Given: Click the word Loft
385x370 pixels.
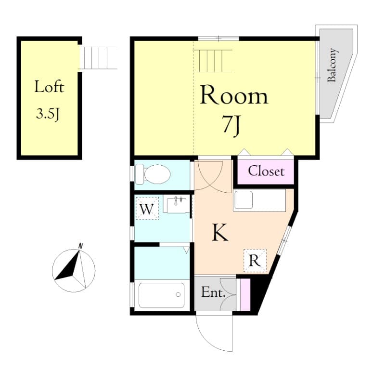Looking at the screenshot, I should coord(49,87).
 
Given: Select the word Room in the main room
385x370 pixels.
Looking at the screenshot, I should coord(233,95).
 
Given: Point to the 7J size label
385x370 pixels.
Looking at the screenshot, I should coord(231,125).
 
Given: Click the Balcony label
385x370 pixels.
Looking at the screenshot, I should coord(332,66).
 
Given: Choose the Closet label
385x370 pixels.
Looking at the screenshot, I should coord(266,171).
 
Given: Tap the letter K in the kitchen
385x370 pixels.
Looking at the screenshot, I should coord(220,233).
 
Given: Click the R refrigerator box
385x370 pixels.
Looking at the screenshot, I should coord(255,261).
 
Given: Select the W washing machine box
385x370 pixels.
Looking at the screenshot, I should coord(147,209).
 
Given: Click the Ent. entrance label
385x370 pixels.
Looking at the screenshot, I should coord(214,292).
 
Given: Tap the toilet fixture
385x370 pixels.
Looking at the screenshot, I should coord(154,174).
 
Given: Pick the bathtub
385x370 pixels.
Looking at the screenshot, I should coord(161,295).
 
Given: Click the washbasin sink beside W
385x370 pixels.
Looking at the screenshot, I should coord(177,205).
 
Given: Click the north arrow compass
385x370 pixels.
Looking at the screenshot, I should coord(74,270).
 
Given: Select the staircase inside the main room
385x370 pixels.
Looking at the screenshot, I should coord(213,60).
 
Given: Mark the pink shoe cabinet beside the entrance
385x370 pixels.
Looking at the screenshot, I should coord(245,294).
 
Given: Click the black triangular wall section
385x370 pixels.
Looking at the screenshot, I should coord(260,294).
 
